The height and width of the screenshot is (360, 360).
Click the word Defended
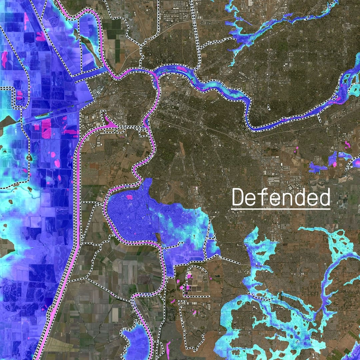click(281, 197)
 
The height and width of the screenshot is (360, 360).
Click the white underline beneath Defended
click(281, 209)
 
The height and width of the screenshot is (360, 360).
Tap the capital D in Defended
click(238, 197)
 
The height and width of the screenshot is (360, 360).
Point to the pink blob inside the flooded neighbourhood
click(128, 197)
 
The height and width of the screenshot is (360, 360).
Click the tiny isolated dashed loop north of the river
click(269, 107)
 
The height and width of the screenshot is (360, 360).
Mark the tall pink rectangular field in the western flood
click(46, 128)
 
